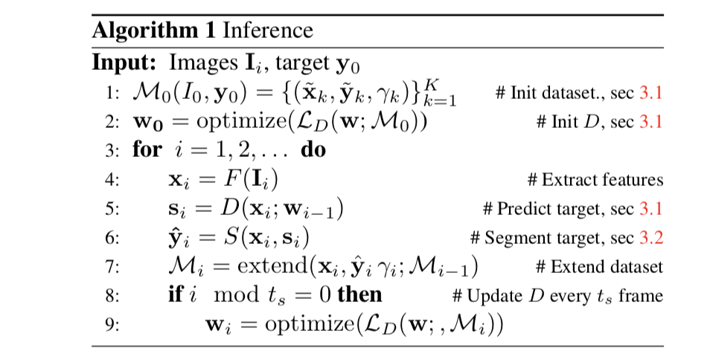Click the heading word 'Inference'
268,30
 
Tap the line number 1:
111,93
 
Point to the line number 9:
111,325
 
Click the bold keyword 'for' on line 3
147,150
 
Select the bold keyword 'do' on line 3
313,150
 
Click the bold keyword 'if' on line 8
176,295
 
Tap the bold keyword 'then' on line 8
359,295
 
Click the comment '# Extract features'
594,180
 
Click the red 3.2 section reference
650,238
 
